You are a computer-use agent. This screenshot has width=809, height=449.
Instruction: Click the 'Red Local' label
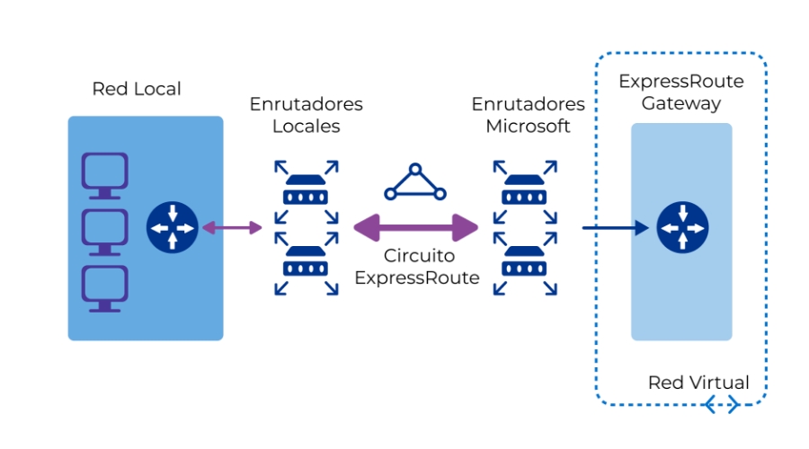pos(137,89)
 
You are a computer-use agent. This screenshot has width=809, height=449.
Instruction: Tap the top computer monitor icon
pos(105,175)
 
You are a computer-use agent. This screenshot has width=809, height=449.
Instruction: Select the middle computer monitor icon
pos(105,232)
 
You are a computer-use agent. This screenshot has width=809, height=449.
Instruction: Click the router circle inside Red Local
pos(172,228)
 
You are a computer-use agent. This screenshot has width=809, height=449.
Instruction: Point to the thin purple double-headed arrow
pos(232,228)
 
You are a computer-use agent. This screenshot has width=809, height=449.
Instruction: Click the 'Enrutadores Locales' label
pos(307,115)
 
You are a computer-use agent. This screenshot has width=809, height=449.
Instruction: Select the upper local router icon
pos(307,191)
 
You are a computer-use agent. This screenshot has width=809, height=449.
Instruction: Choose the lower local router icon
pos(307,265)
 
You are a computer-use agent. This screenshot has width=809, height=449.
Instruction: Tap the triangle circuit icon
pos(414,183)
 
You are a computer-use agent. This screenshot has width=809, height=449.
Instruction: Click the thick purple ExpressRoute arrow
pos(414,228)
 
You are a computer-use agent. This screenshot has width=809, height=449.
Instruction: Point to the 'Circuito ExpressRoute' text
pos(416,267)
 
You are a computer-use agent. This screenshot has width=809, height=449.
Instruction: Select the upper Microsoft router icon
pos(524,191)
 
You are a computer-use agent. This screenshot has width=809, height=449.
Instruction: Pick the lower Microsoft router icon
pos(524,265)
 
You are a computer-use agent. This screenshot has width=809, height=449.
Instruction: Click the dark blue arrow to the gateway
pos(614,228)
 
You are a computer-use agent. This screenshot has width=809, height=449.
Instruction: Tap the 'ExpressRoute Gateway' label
pos(681,92)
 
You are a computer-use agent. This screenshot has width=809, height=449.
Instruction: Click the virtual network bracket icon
pos(722,405)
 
